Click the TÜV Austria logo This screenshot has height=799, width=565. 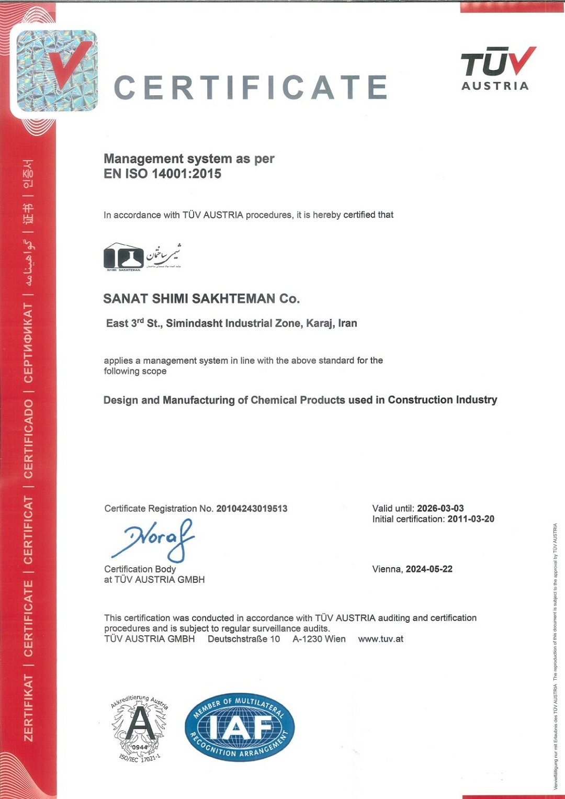(x=497, y=69)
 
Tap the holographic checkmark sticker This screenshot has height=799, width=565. (x=57, y=71)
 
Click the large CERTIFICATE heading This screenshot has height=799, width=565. (x=251, y=87)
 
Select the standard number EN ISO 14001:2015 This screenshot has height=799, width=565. (x=162, y=174)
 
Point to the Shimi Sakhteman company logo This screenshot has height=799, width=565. (x=142, y=256)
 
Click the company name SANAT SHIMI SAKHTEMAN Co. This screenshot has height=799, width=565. (x=201, y=299)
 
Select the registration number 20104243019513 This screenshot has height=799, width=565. (x=252, y=509)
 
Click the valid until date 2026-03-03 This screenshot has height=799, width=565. (x=440, y=509)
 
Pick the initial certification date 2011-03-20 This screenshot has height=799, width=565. (x=470, y=519)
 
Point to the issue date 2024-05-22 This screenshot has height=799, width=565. (x=429, y=569)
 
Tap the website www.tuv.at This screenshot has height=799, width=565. (x=380, y=639)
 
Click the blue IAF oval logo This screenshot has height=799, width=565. (x=240, y=727)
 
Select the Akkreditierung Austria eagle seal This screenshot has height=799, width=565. (x=139, y=728)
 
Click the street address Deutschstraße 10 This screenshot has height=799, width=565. (x=244, y=639)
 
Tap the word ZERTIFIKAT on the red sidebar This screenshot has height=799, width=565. (x=28, y=707)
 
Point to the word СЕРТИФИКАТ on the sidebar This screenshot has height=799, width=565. (x=28, y=343)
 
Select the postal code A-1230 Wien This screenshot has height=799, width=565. (x=319, y=639)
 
